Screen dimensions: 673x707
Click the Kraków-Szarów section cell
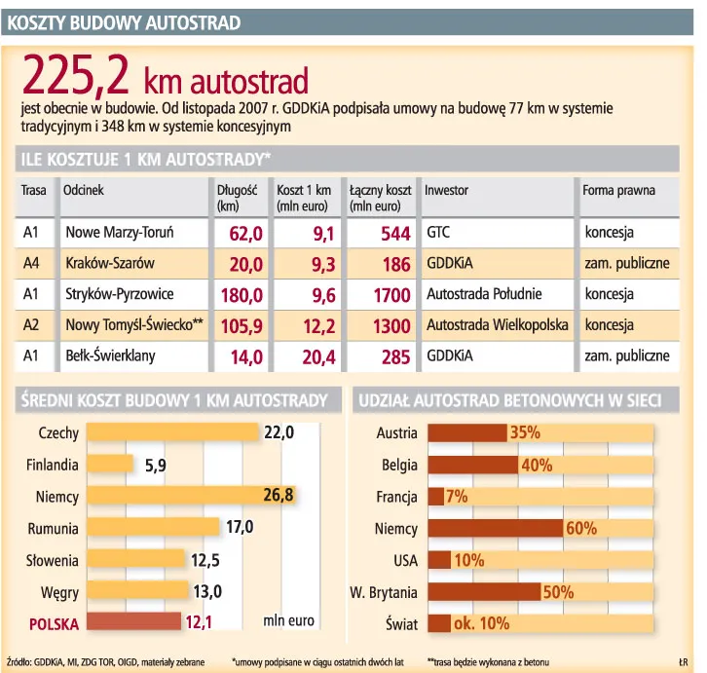[x=110, y=264]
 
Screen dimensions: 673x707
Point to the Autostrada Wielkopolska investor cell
[x=497, y=325]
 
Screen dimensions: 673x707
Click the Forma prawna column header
[x=618, y=191]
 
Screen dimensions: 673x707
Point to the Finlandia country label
[x=52, y=466]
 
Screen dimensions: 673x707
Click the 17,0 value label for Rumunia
[x=239, y=527]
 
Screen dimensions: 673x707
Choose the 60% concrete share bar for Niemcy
[x=495, y=529]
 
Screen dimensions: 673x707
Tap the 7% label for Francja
[x=457, y=497]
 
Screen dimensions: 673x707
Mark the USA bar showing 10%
[x=439, y=560]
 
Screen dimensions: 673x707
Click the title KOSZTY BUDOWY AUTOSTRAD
[x=124, y=20]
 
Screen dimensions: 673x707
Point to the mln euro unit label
[x=289, y=620]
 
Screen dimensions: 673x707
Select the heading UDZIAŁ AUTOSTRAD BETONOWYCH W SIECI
[x=510, y=400]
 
